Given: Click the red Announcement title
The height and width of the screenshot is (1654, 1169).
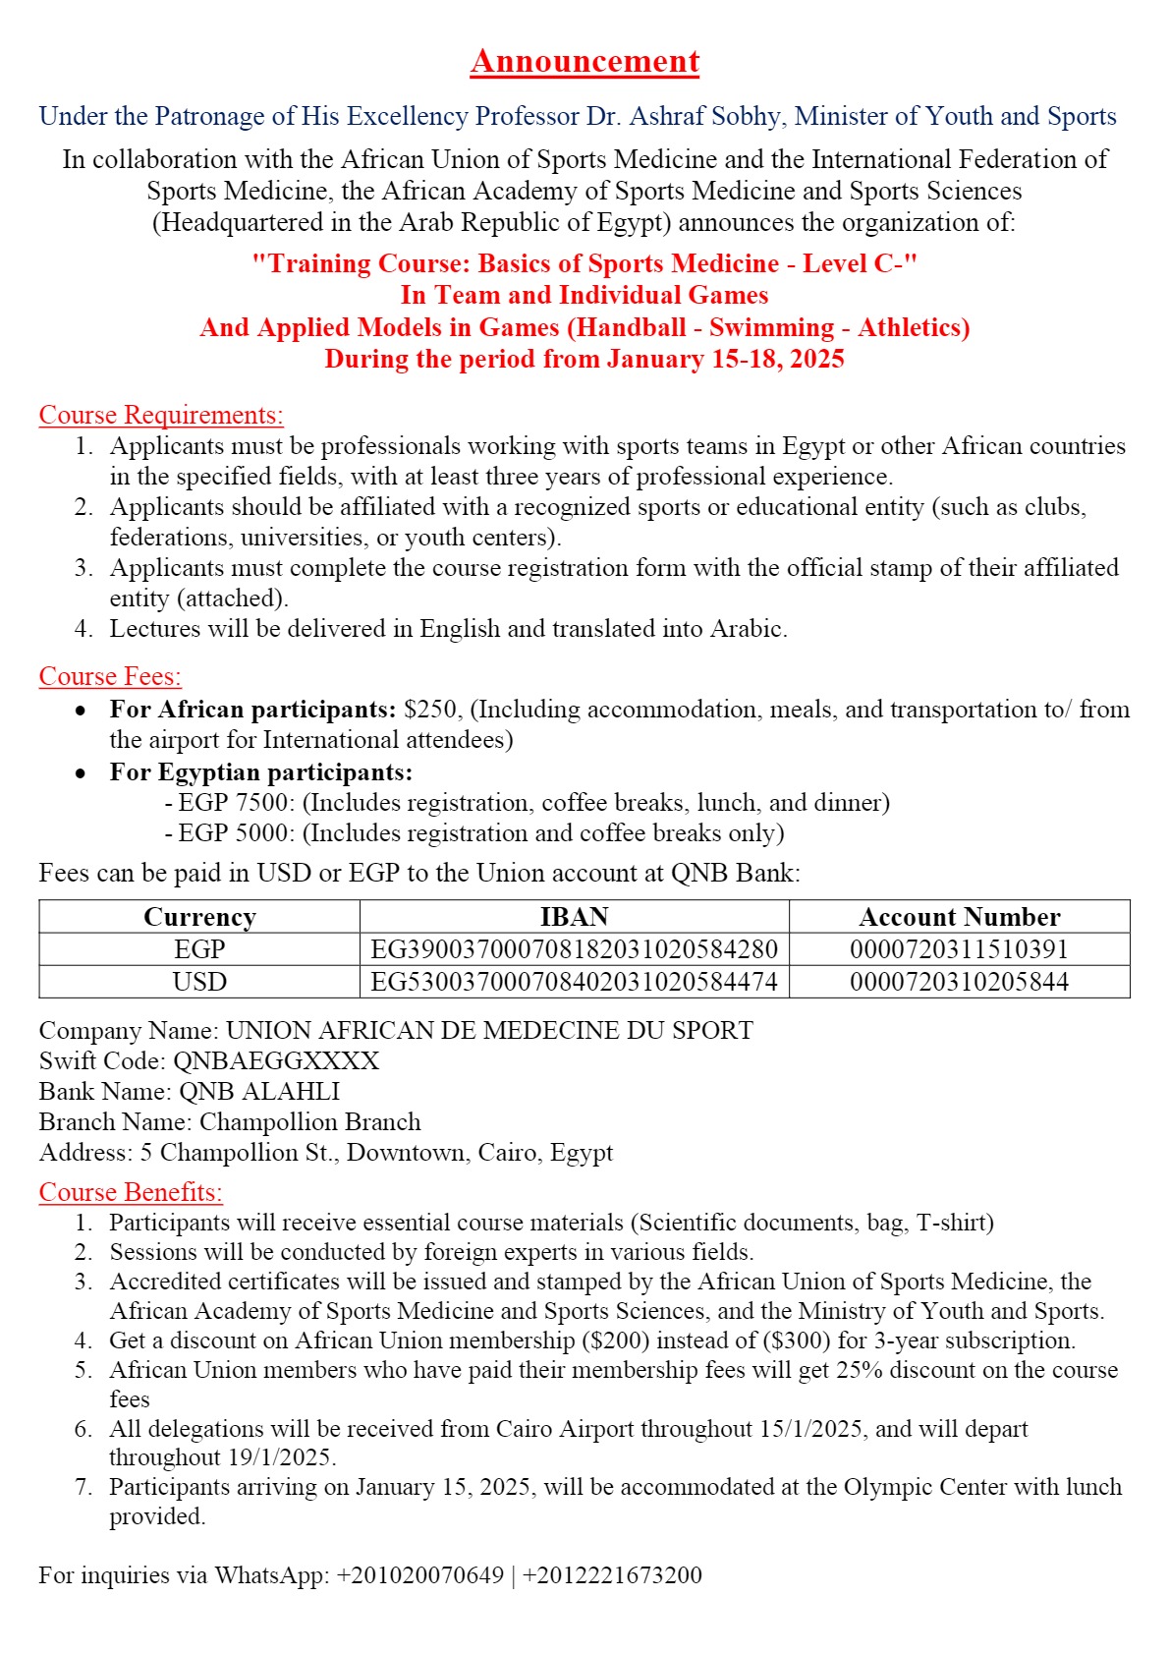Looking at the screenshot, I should click(x=584, y=61).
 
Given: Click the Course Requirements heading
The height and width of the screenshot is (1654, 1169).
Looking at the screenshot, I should click(x=161, y=415).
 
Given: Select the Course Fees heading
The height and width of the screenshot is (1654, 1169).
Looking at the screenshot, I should click(x=110, y=676).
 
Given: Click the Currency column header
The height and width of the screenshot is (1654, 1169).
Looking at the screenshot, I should click(x=199, y=917).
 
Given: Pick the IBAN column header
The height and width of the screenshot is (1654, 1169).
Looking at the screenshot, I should click(x=574, y=917).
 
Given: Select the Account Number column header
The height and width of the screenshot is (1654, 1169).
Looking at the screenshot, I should click(x=959, y=917).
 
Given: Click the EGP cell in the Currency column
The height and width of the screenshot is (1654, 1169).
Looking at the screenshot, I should click(x=199, y=949).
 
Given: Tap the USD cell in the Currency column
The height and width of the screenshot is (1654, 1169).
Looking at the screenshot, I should click(x=199, y=982).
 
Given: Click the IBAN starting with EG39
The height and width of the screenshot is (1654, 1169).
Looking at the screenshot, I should click(x=574, y=949).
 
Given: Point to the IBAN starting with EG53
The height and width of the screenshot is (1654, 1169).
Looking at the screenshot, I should click(x=574, y=982).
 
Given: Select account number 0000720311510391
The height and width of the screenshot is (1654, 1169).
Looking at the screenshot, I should click(x=959, y=949).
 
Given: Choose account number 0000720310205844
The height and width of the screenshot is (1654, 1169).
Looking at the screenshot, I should click(x=959, y=982).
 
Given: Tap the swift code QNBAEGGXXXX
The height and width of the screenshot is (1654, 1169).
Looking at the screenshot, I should click(x=276, y=1060).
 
